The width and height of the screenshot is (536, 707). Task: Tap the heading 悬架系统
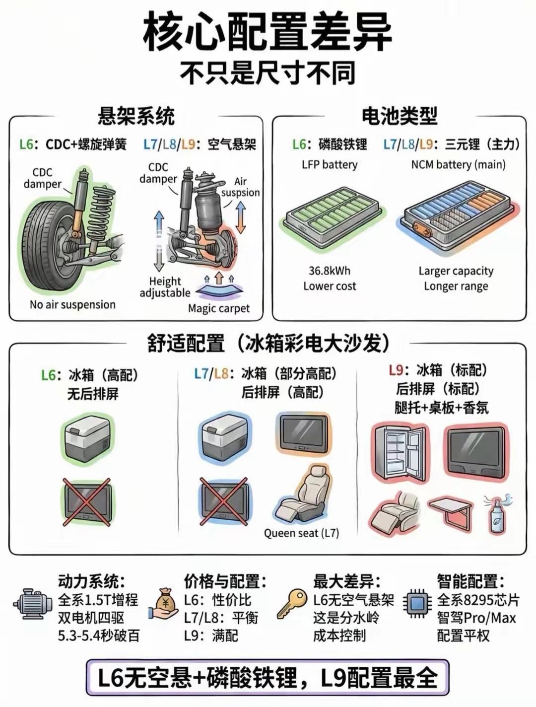click(x=136, y=116)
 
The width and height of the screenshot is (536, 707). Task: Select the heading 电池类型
click(x=400, y=116)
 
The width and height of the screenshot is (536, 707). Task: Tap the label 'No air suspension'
click(x=72, y=304)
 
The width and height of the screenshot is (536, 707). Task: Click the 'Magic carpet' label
click(x=219, y=308)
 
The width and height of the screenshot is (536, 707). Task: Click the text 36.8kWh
click(x=330, y=271)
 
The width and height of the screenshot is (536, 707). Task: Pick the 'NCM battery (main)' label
click(x=459, y=165)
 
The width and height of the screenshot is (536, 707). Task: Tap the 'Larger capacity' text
click(x=456, y=271)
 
